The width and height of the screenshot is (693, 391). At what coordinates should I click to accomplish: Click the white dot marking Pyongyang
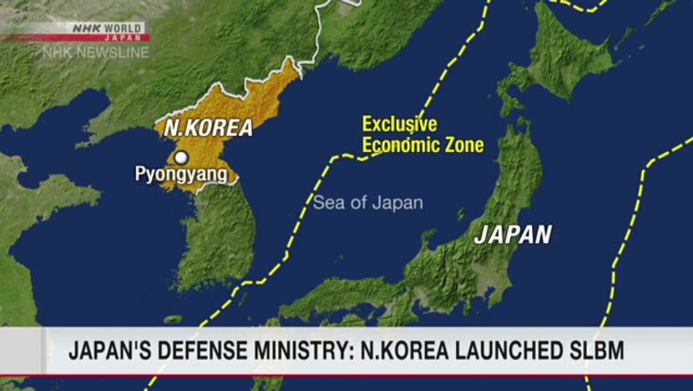[x=181, y=157]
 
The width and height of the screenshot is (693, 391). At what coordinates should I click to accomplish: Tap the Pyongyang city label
[x=181, y=175]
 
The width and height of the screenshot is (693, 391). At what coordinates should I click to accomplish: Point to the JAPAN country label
[x=512, y=235]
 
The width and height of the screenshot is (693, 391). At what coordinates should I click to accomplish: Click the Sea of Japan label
[x=368, y=203]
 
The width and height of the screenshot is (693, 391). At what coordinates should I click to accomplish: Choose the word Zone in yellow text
[x=462, y=145]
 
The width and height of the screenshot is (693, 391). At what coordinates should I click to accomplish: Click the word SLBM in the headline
[x=593, y=350]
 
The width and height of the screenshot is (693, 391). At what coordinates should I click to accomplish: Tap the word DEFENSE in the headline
[x=211, y=350]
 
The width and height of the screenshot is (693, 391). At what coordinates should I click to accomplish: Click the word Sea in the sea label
[x=326, y=203]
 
